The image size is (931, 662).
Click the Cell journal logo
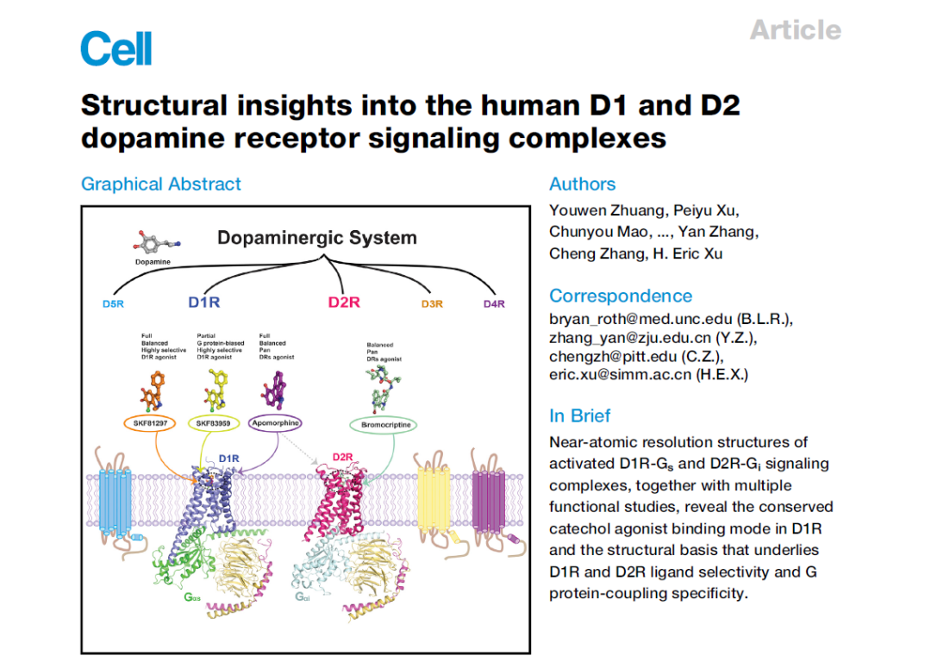point(116,48)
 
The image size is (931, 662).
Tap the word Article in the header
point(795,30)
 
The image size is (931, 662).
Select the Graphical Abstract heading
point(161,184)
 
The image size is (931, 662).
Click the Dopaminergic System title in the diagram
point(316,238)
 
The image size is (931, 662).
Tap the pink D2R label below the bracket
point(344,303)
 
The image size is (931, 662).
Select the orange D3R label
point(432,304)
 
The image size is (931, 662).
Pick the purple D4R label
point(494,304)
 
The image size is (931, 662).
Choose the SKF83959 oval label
point(213,423)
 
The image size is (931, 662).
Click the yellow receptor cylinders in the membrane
point(433,500)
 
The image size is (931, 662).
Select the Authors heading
point(583,184)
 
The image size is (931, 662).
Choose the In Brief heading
point(580,415)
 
